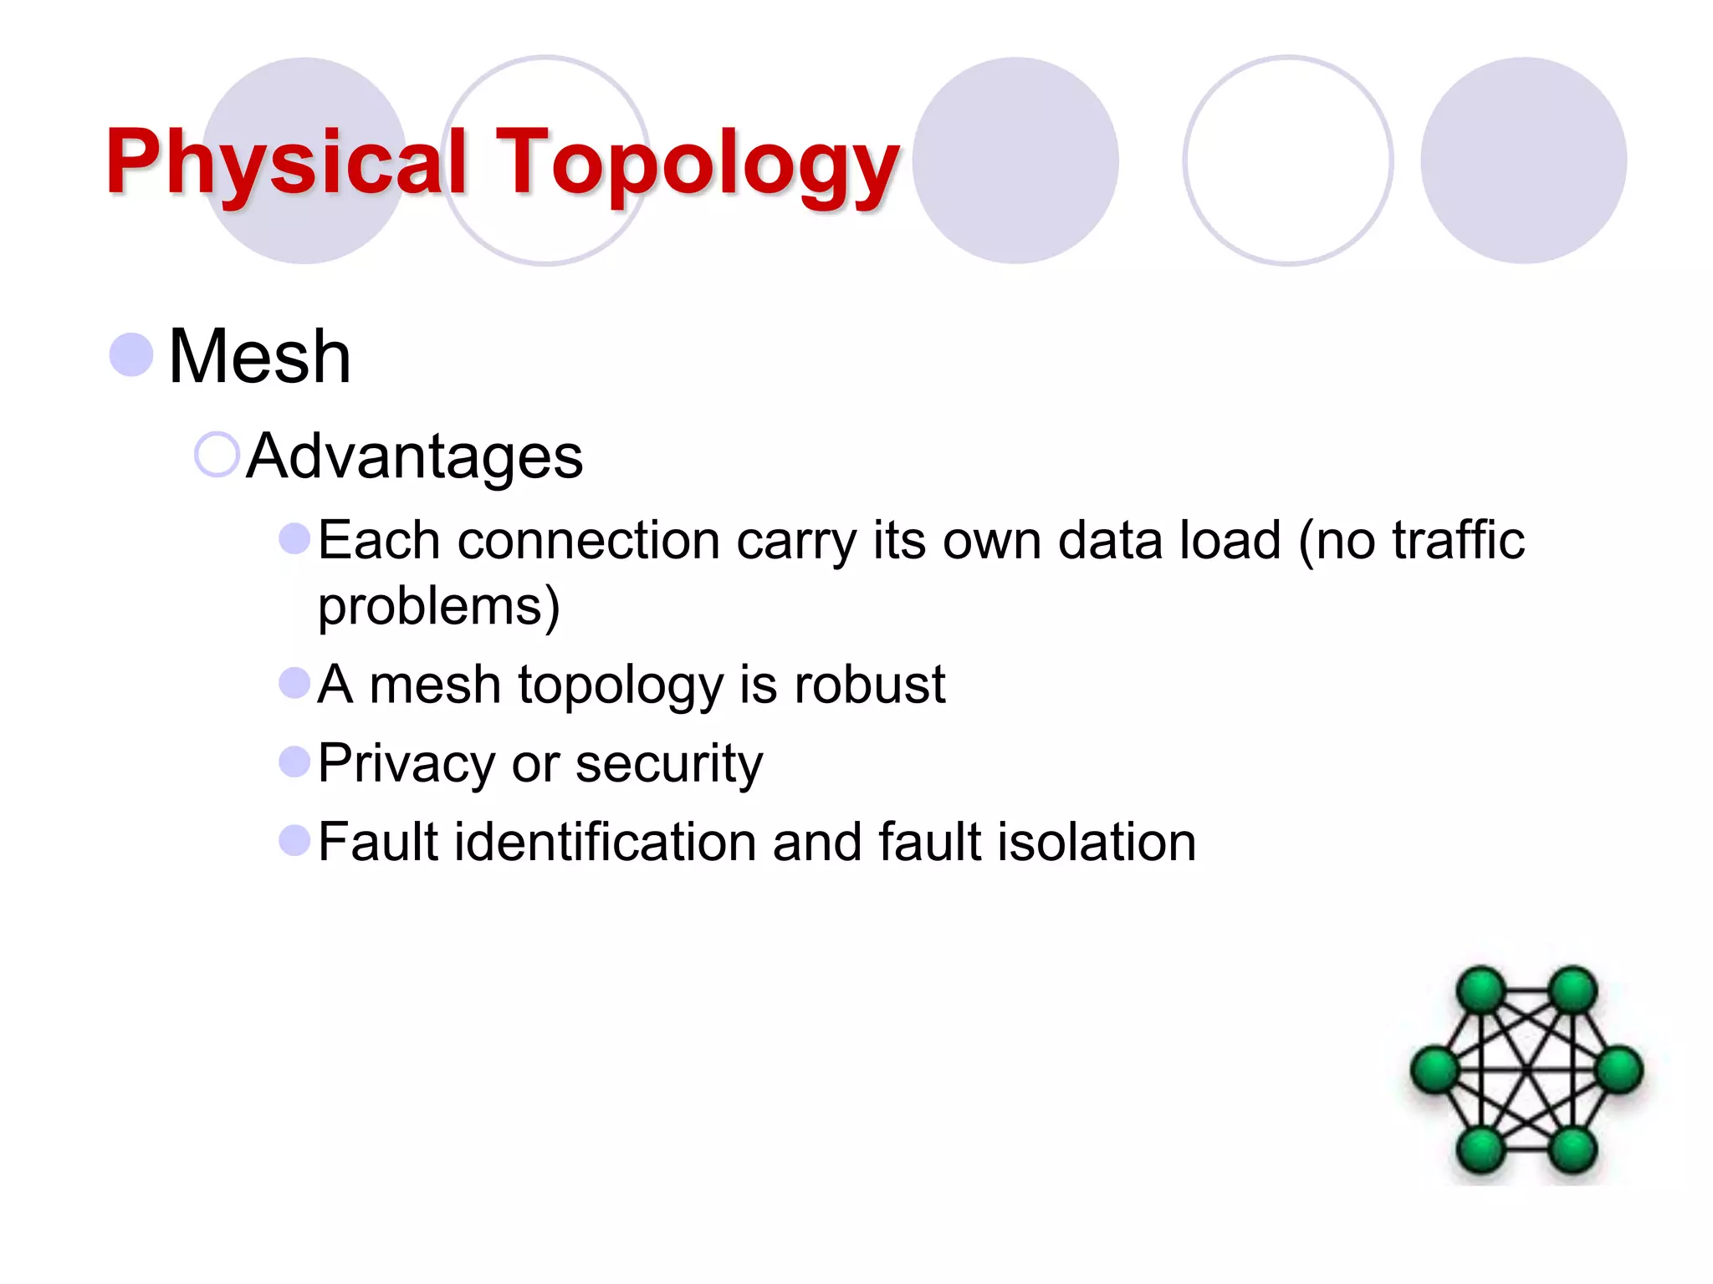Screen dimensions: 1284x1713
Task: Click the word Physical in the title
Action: (285, 162)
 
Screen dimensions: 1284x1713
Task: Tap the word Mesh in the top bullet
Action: (259, 357)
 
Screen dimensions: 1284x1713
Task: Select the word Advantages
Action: (415, 456)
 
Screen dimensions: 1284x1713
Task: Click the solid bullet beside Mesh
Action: (131, 354)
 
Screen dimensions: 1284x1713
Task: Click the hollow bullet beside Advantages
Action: (217, 455)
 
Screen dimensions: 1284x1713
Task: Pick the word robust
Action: (869, 685)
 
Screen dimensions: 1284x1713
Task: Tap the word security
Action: (669, 764)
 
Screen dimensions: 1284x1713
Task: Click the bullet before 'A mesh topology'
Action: (294, 683)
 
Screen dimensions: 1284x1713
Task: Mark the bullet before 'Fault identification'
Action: (294, 840)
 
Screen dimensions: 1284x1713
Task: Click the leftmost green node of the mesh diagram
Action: (1435, 1070)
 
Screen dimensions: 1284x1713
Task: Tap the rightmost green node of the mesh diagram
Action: (1619, 1070)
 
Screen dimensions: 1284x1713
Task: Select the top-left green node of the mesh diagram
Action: (1481, 991)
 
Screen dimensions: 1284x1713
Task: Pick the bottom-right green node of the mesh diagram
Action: (1573, 1149)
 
